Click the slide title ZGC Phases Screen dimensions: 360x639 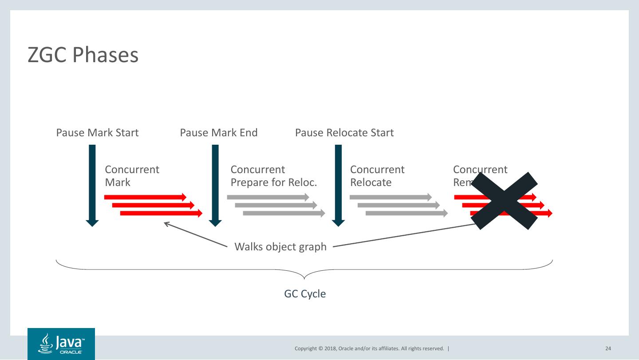pyautogui.click(x=83, y=55)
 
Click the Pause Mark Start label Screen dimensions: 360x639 pyautogui.click(x=97, y=133)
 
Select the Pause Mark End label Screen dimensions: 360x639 pyautogui.click(x=218, y=133)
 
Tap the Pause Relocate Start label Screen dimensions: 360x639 pyautogui.click(x=344, y=133)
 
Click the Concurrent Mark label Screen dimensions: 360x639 pyautogui.click(x=132, y=176)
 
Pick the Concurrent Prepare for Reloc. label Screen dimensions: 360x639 pyautogui.click(x=274, y=176)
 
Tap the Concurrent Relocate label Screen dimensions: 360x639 pyautogui.click(x=377, y=176)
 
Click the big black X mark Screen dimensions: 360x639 pyautogui.click(x=504, y=201)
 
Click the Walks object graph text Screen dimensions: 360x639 pyautogui.click(x=280, y=246)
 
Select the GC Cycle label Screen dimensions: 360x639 pyautogui.click(x=305, y=294)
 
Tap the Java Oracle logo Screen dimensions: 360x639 pyautogui.click(x=61, y=344)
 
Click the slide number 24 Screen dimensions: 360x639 pyautogui.click(x=608, y=348)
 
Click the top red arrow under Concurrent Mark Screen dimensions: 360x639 pyautogui.click(x=145, y=197)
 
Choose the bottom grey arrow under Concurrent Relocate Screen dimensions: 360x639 pyautogui.click(x=406, y=214)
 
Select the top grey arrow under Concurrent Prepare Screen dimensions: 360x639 pyautogui.click(x=268, y=197)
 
